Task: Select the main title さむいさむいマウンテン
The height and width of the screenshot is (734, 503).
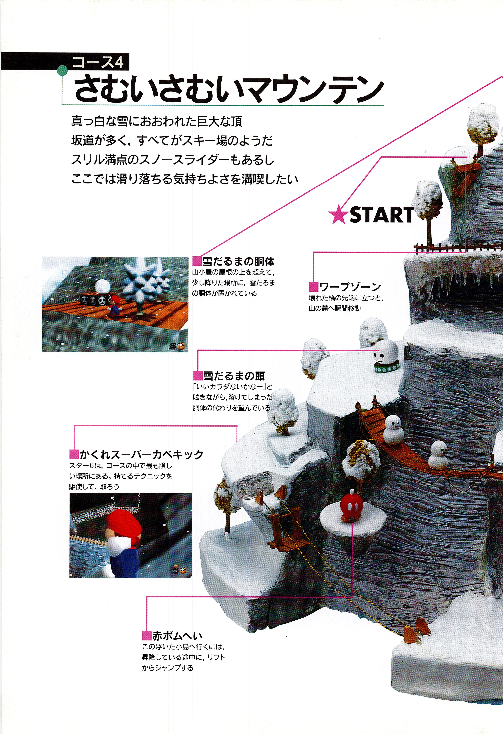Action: coord(229,90)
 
